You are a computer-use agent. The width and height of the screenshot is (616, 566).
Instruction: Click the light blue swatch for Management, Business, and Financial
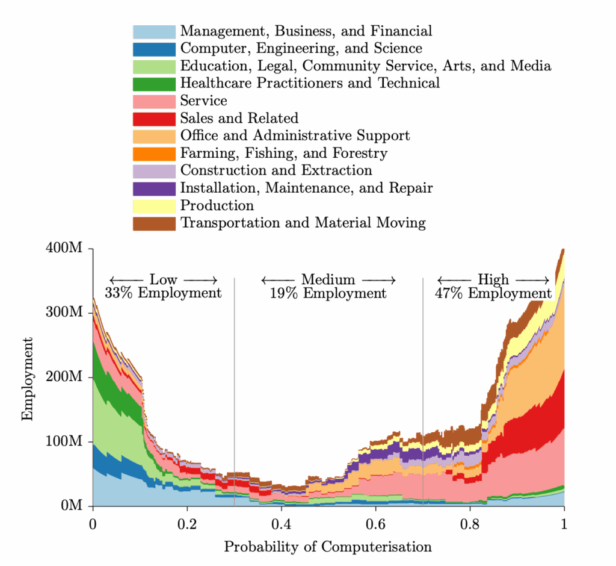click(154, 31)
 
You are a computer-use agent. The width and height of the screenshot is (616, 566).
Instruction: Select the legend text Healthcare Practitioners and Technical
click(310, 83)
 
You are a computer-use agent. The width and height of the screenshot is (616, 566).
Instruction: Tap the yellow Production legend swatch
click(154, 206)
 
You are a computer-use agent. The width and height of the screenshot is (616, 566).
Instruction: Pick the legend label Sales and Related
click(239, 118)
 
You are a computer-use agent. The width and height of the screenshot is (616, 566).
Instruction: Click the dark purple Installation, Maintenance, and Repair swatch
click(154, 188)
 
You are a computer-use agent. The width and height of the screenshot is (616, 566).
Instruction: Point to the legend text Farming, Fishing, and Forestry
click(284, 153)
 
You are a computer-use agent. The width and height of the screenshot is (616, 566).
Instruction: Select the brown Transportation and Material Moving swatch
click(154, 223)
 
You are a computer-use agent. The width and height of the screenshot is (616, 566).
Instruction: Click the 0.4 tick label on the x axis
click(282, 522)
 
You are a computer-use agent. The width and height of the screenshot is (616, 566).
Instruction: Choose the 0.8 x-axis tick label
click(470, 522)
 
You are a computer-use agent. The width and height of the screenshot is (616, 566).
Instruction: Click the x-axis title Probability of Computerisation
click(328, 547)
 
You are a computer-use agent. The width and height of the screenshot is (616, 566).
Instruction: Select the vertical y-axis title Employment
click(28, 378)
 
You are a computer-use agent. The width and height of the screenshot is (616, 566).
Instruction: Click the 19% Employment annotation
click(328, 293)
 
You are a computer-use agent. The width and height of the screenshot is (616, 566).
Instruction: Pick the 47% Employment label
click(493, 293)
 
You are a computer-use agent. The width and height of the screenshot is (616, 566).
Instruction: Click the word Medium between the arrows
click(328, 279)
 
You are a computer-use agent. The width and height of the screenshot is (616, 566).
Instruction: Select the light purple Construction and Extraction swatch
click(154, 171)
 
